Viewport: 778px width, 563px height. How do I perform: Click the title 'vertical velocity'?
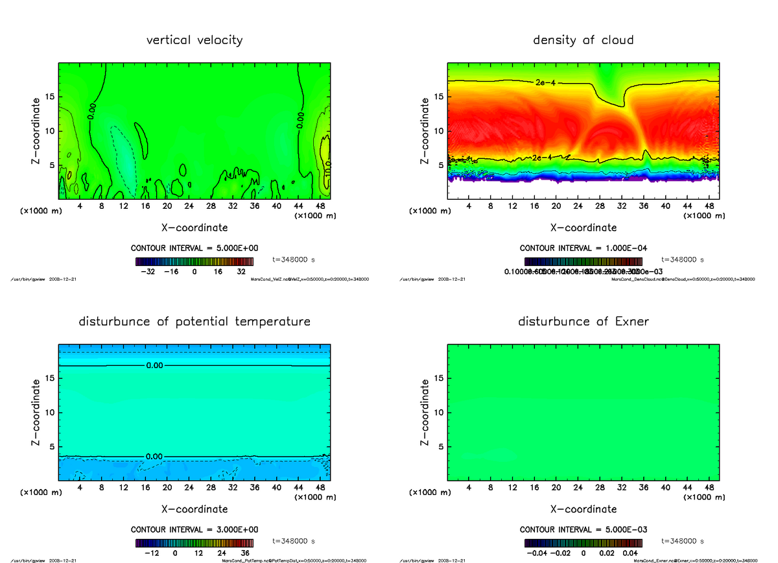click(194, 40)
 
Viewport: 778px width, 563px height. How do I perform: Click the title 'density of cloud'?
click(583, 40)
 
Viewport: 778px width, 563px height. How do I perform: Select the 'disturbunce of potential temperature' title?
click(194, 322)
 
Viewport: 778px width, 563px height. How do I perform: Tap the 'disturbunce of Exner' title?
click(583, 322)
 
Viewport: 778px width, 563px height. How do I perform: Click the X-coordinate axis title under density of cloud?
click(583, 228)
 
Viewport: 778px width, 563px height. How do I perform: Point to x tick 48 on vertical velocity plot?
click(320, 206)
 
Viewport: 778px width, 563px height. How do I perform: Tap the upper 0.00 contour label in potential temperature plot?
click(154, 366)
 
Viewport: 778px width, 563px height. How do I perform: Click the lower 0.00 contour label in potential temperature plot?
click(154, 457)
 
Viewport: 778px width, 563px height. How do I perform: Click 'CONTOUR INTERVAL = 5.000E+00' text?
click(194, 248)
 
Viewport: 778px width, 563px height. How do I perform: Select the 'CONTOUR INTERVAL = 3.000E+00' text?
click(194, 529)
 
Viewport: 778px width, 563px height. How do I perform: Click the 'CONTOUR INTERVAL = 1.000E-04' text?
click(583, 248)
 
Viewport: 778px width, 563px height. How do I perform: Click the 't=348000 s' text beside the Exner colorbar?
click(683, 541)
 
